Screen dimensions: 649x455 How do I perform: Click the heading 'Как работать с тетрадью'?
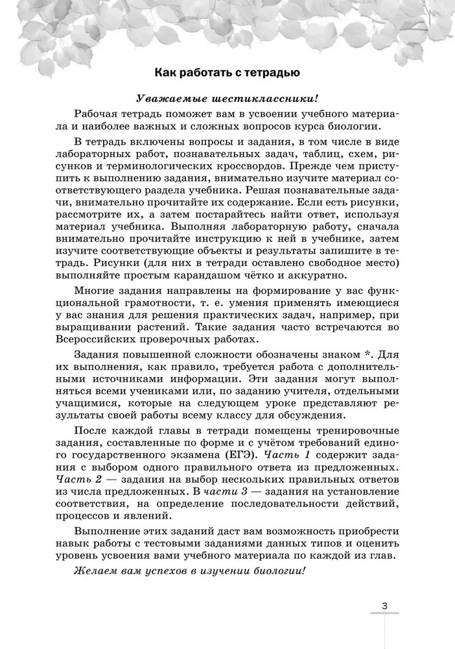(x=227, y=72)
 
